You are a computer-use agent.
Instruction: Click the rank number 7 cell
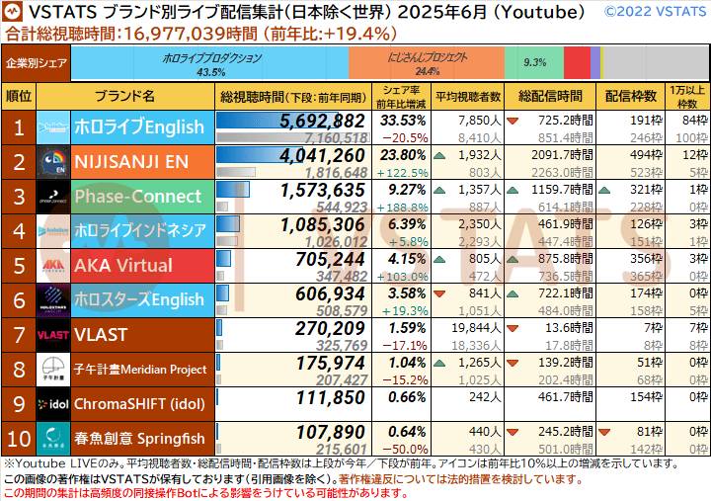coord(18,335)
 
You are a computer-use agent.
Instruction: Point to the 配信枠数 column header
coord(631,96)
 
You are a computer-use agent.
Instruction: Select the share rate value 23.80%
coord(405,154)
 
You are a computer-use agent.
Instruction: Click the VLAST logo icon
coord(52,335)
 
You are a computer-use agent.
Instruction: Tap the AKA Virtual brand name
coord(123,266)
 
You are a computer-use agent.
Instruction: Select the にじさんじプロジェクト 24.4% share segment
coord(427,64)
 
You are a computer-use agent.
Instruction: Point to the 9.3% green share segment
coord(534,63)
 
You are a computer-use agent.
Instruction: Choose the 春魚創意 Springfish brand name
coord(139,439)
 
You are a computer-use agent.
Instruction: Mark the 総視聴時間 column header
coord(293,96)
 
